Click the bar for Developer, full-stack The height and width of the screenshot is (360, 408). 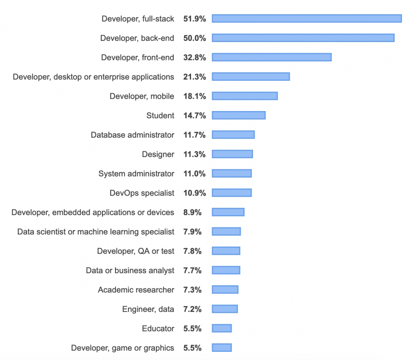307,18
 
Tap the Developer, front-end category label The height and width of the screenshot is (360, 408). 137,58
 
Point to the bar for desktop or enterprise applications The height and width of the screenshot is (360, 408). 251,76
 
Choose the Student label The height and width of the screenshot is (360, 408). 160,116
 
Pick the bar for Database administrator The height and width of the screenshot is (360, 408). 233,135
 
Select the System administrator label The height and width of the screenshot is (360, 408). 136,173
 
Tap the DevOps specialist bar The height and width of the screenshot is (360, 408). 232,193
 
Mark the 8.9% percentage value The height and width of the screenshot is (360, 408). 195,212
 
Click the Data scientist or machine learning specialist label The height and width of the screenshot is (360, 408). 96,232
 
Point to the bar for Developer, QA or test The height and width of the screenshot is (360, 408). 226,251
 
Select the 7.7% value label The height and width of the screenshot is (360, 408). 195,270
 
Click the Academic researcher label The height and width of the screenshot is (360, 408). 136,290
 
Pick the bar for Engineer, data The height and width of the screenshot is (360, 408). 225,309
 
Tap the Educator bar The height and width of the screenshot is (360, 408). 222,328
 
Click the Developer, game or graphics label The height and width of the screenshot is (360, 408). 122,348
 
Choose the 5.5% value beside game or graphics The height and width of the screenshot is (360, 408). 195,348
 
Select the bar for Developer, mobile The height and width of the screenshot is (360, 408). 245,96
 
